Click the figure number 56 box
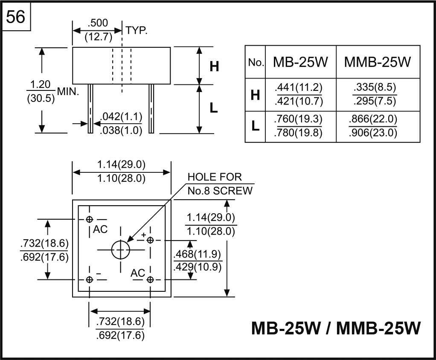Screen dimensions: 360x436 click(x=16, y=17)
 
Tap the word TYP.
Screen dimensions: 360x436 click(x=137, y=30)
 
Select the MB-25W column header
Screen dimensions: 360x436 click(x=300, y=62)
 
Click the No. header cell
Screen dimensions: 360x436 click(x=256, y=63)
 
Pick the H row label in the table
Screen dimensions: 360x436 click(x=255, y=95)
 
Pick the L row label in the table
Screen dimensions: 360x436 click(x=255, y=126)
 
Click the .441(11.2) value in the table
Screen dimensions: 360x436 click(x=299, y=88)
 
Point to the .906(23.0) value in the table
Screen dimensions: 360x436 click(x=372, y=133)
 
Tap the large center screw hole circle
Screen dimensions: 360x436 click(x=120, y=250)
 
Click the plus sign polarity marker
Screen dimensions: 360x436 click(x=144, y=235)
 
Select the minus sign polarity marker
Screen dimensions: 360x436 click(x=98, y=273)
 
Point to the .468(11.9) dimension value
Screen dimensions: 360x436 click(x=198, y=255)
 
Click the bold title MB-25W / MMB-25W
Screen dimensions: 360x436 click(x=336, y=328)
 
